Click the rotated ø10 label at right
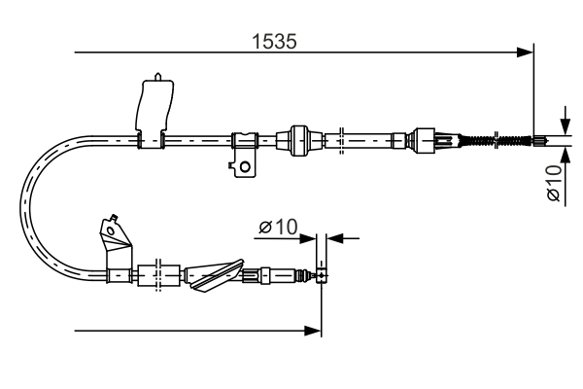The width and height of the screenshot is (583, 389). (553, 183)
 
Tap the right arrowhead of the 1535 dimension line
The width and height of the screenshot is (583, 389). (527, 51)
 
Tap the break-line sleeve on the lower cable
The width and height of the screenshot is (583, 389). (155, 275)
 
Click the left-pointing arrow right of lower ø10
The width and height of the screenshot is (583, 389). (335, 236)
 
